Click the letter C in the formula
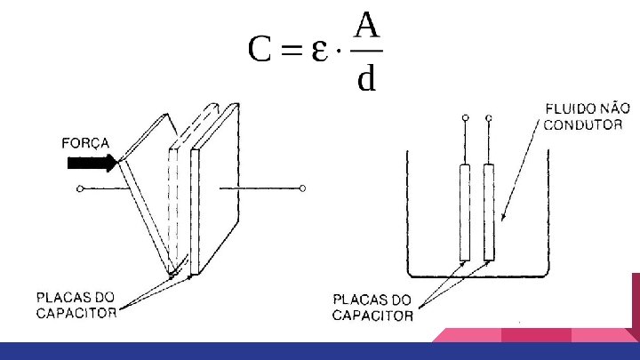(x=260, y=52)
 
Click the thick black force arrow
(x=92, y=163)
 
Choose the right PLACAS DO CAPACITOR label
(x=372, y=308)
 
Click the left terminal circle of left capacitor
(x=81, y=188)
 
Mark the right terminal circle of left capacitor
(x=303, y=188)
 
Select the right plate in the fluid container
(x=488, y=212)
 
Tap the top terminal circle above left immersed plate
(x=464, y=116)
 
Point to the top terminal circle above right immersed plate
(x=488, y=116)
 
